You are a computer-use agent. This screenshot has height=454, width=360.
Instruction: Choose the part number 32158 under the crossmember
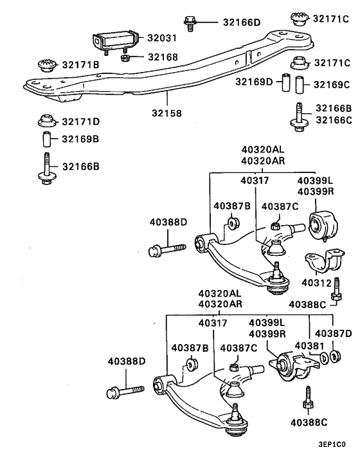[166, 113]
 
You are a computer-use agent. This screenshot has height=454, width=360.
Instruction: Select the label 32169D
[253, 82]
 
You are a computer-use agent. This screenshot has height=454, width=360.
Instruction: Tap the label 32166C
[332, 119]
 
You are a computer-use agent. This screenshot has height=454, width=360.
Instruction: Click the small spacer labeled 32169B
[45, 139]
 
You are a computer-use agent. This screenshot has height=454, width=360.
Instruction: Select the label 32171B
[80, 64]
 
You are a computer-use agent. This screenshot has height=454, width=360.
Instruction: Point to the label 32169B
[80, 139]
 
